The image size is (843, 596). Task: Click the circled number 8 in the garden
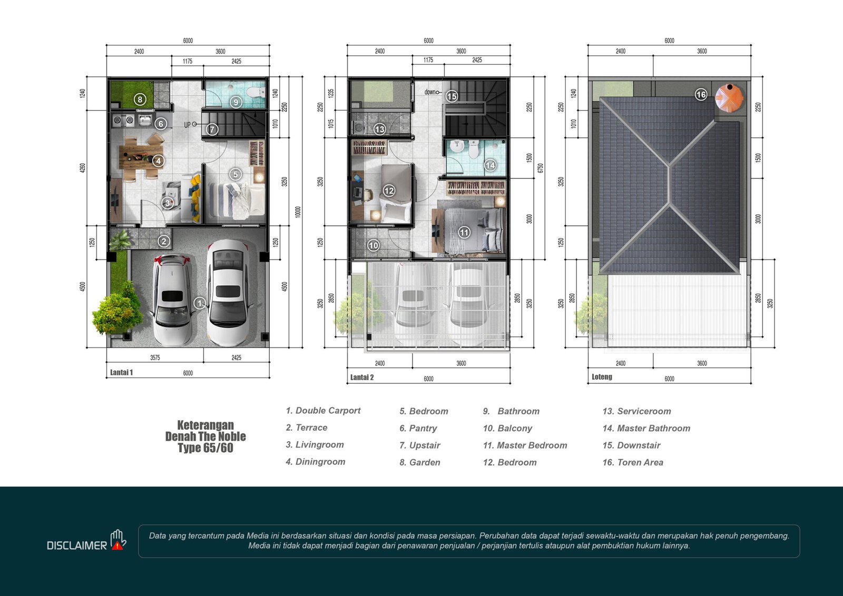pyautogui.click(x=140, y=100)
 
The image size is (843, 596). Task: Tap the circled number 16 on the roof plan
pyautogui.click(x=701, y=94)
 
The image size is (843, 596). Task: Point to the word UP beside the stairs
pyautogui.click(x=188, y=125)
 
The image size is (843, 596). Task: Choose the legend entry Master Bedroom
pyautogui.click(x=525, y=445)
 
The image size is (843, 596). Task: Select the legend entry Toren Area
pyautogui.click(x=633, y=462)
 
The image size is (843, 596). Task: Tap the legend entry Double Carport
pyautogui.click(x=323, y=411)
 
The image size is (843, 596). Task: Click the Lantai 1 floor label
pyautogui.click(x=121, y=372)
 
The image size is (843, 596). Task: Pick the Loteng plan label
pyautogui.click(x=602, y=377)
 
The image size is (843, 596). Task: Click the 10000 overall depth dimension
pyautogui.click(x=298, y=212)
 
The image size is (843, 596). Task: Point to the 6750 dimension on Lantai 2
pyautogui.click(x=541, y=168)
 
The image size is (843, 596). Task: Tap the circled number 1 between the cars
pyautogui.click(x=200, y=303)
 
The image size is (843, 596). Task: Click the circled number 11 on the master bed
pyautogui.click(x=464, y=233)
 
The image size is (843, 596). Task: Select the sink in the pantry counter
pyautogui.click(x=144, y=121)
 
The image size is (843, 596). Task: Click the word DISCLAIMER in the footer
pyautogui.click(x=77, y=545)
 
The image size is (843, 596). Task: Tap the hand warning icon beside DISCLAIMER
pyautogui.click(x=118, y=540)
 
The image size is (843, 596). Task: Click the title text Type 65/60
pyautogui.click(x=205, y=448)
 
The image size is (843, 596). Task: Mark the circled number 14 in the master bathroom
pyautogui.click(x=490, y=165)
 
